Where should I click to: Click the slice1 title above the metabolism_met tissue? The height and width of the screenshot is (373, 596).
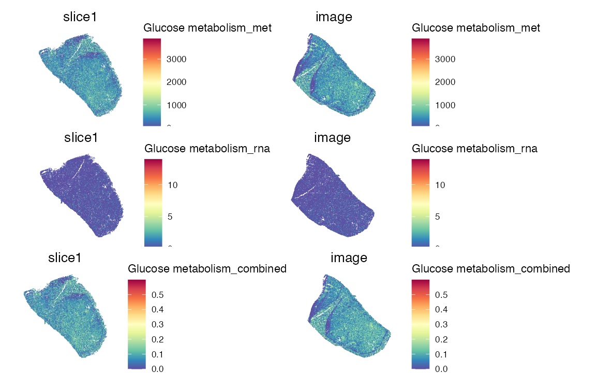[x=80, y=17]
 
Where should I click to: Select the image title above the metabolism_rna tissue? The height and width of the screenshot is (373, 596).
[x=332, y=138]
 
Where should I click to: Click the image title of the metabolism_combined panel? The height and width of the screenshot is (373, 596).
[x=349, y=257]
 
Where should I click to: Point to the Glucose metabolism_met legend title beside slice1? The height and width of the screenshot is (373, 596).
[x=207, y=28]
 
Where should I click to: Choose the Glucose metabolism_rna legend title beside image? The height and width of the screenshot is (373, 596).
[x=474, y=149]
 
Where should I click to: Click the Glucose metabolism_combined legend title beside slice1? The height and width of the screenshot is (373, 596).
[x=207, y=269]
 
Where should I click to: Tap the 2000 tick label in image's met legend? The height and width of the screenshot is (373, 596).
[x=444, y=82]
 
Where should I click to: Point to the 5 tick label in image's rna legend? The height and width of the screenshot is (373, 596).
[x=437, y=216]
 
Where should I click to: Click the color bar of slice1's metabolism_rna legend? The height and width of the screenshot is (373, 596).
[x=153, y=202]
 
